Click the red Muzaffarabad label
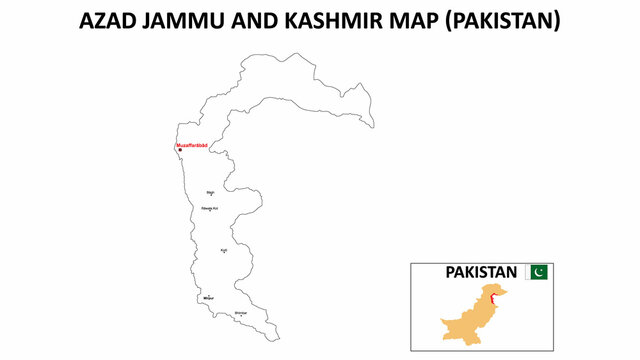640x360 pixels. click(x=192, y=146)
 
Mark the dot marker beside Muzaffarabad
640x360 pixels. click(x=179, y=151)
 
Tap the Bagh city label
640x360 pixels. click(x=210, y=192)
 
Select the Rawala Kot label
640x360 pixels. click(x=210, y=208)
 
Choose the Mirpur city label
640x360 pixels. click(x=208, y=298)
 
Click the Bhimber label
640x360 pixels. click(x=240, y=314)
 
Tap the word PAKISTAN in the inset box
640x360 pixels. click(x=481, y=272)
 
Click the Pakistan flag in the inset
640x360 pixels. click(x=537, y=272)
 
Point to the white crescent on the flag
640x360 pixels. click(x=540, y=272)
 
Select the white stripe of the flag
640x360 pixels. click(x=528, y=272)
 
